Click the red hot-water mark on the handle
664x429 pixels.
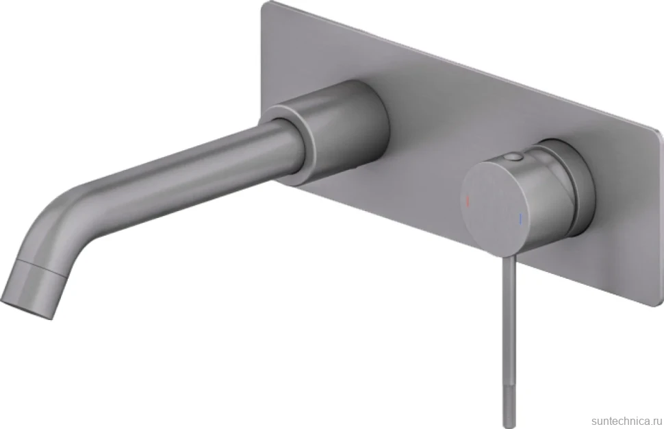pos(468,199)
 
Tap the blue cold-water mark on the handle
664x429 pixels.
pos(521,219)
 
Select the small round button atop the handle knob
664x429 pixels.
pos(514,158)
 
